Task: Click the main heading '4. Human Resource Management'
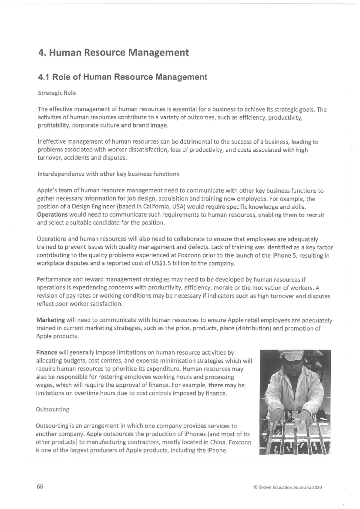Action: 114,53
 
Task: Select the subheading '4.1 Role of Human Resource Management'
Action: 123,77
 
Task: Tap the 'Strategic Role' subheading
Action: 57,93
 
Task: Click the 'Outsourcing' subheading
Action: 52,409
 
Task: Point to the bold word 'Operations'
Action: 52,215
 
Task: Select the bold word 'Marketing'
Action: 50,320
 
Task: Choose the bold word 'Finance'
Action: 46,352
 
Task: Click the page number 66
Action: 40,487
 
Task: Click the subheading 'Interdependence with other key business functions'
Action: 108,174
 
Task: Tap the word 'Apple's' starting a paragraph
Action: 47,191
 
